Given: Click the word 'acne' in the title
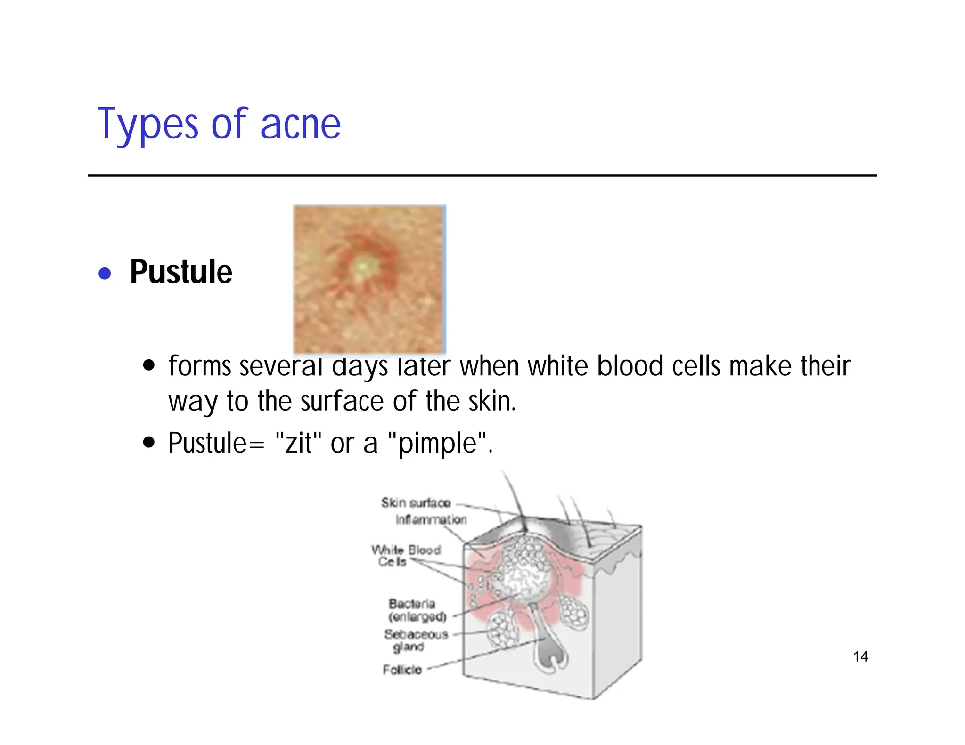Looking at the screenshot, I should click(x=300, y=125).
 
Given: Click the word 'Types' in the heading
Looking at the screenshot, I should click(x=147, y=125).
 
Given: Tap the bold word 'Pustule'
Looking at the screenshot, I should click(x=181, y=272).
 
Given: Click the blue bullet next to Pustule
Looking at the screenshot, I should click(x=105, y=274).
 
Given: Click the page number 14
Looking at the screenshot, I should click(x=860, y=656).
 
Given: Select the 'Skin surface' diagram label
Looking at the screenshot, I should click(x=416, y=503).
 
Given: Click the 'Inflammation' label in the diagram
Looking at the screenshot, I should click(x=431, y=519).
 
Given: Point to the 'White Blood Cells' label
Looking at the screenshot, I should click(x=405, y=555).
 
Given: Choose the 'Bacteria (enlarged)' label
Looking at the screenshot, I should click(x=417, y=610).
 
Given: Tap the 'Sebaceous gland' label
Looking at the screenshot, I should click(x=415, y=640).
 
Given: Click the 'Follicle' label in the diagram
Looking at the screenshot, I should click(x=402, y=670).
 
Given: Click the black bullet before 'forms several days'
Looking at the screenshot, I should click(x=149, y=366).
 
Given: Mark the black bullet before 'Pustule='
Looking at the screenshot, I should click(x=149, y=443).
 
